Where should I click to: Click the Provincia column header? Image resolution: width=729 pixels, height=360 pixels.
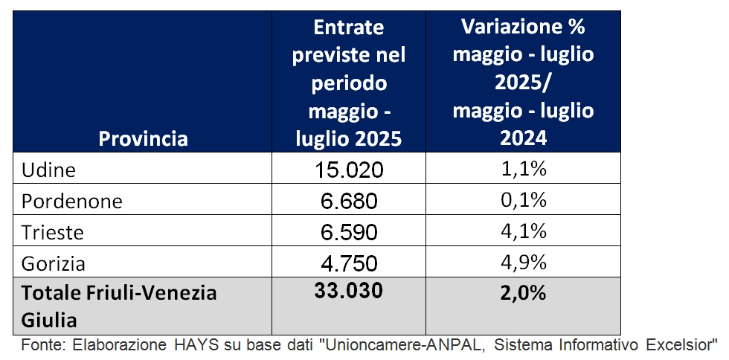point(144,138)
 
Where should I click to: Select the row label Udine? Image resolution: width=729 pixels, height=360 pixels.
point(49,170)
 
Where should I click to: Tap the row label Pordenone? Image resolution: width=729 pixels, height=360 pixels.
point(71,201)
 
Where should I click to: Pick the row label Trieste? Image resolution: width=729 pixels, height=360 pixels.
point(53,232)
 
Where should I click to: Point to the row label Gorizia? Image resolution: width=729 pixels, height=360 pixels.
point(54,263)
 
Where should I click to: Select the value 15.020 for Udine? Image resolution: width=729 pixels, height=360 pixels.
point(349,170)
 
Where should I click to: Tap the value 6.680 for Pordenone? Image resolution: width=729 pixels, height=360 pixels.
point(349,202)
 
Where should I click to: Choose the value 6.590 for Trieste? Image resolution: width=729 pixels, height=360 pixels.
point(349,233)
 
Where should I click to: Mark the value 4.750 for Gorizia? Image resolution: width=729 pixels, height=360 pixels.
point(349,264)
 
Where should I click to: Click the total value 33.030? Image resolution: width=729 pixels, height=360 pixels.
point(349,291)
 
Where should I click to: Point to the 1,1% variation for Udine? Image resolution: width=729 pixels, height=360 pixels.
point(523,170)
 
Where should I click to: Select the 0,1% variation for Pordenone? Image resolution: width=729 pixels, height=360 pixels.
point(523,201)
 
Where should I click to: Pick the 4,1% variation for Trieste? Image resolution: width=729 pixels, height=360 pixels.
point(523,232)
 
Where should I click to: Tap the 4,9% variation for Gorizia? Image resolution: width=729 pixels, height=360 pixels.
point(523,263)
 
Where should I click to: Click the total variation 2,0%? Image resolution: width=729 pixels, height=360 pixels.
point(523,293)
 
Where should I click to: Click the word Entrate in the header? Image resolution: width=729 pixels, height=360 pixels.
point(349,28)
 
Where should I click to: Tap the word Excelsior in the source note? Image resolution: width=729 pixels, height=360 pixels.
point(681,346)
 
